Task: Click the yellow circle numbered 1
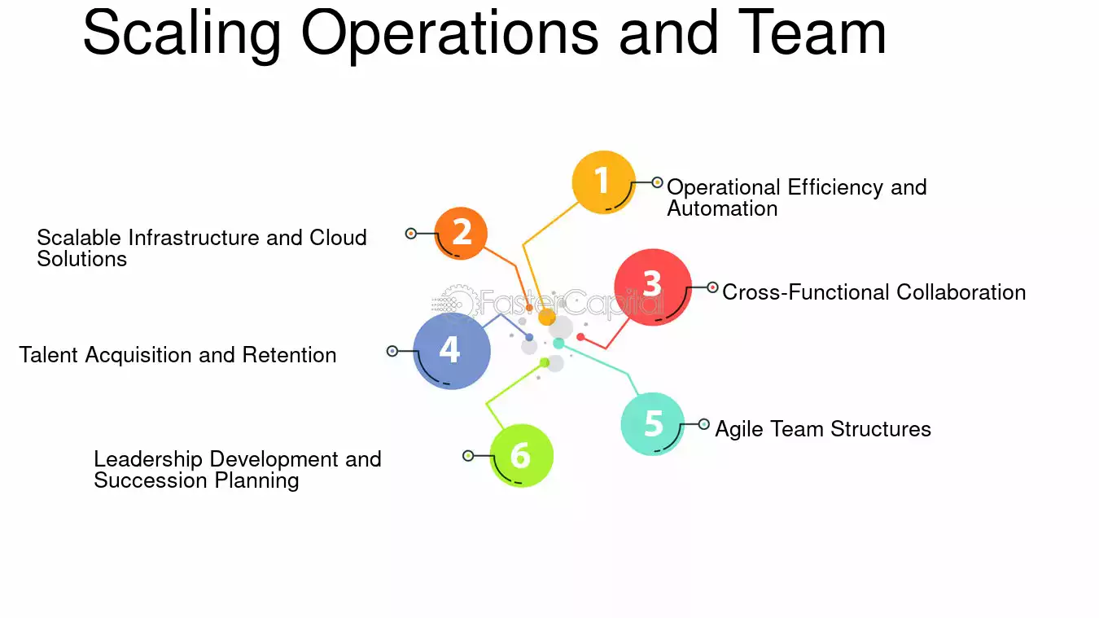pos(603,182)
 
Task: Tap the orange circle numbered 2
pos(461,233)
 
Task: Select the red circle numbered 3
pos(653,287)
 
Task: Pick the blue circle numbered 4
pos(451,351)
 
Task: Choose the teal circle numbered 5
pos(653,424)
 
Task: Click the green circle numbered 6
pos(521,455)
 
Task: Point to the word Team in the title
pos(812,33)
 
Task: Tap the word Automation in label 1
pos(722,208)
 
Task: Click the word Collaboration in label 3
pos(961,292)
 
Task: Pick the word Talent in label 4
pos(48,355)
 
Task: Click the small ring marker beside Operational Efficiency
pos(658,182)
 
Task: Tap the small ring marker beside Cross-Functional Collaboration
pos(713,287)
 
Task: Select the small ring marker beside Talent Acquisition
pos(392,351)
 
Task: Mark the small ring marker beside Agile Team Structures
pos(704,424)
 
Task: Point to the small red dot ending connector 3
pos(580,337)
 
